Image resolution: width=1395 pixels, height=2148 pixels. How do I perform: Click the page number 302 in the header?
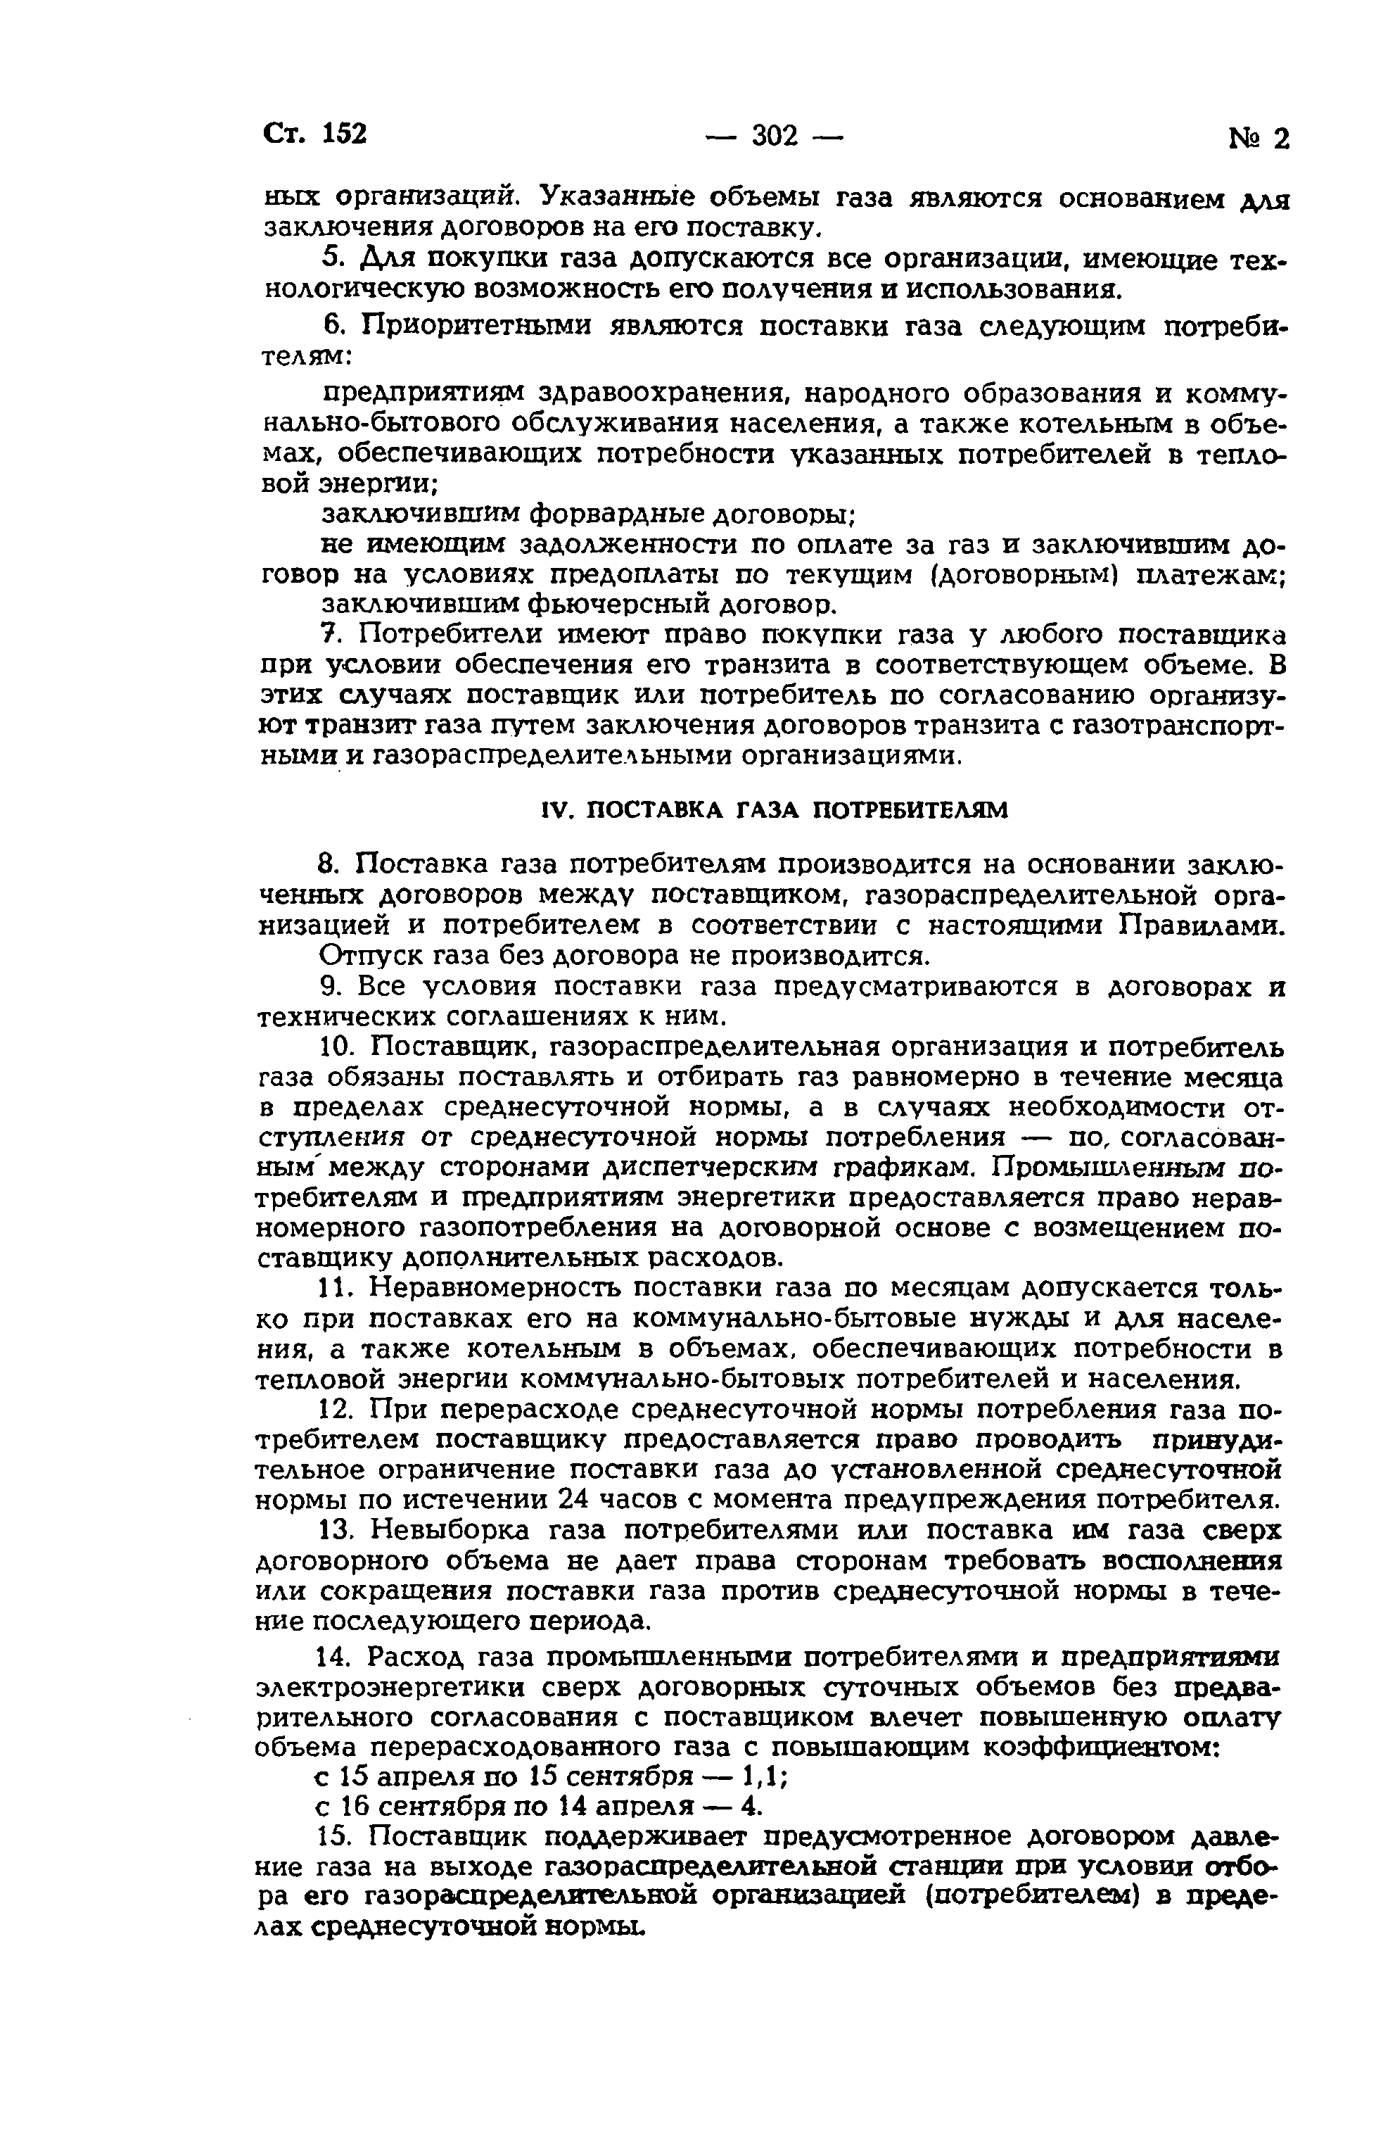pyautogui.click(x=775, y=135)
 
